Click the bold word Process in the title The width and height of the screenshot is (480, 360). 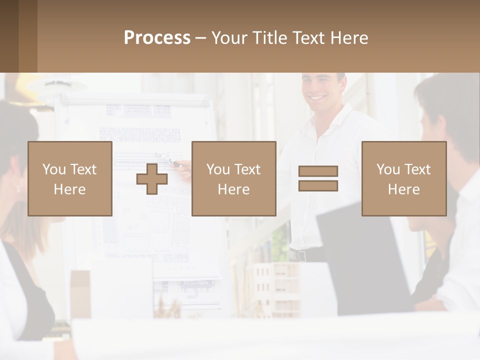(x=157, y=38)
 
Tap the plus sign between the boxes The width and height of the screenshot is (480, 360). (x=152, y=179)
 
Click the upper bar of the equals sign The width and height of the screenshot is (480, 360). (x=318, y=171)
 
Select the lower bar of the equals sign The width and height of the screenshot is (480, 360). (x=318, y=185)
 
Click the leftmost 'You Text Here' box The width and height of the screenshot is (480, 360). (x=70, y=178)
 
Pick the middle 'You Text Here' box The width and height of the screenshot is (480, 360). (x=233, y=178)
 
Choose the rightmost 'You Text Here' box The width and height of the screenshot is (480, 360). (x=403, y=178)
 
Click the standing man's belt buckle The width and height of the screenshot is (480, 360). (x=300, y=255)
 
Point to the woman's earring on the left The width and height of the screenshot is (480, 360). (x=18, y=188)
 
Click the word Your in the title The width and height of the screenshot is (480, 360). (x=229, y=38)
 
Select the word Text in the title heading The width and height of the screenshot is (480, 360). (x=308, y=38)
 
